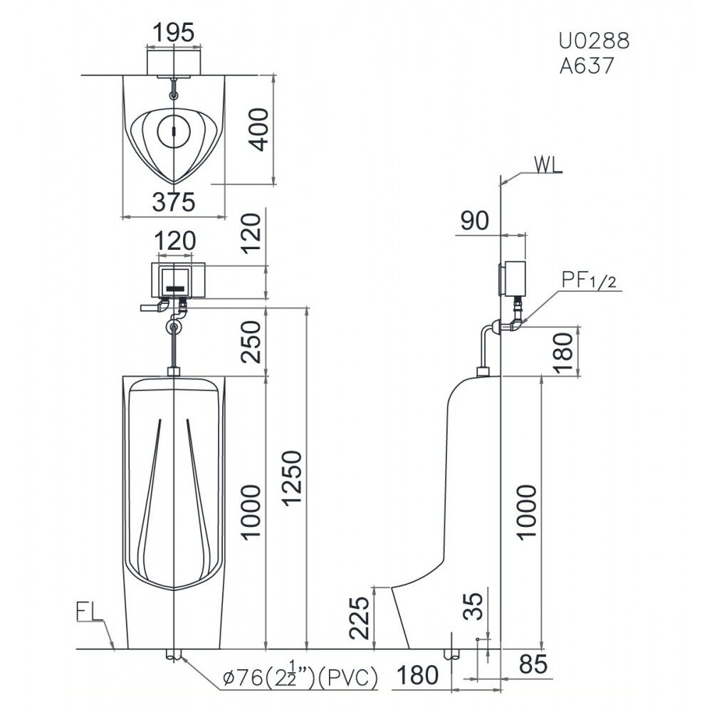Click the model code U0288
point(594,41)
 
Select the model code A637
point(587,66)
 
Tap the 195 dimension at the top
point(174,33)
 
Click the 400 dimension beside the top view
point(260,129)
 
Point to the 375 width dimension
point(174,201)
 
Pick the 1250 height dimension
point(290,478)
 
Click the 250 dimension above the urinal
point(251,342)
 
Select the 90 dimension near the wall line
point(475,220)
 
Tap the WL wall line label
point(548,165)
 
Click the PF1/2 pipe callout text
point(589,280)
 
